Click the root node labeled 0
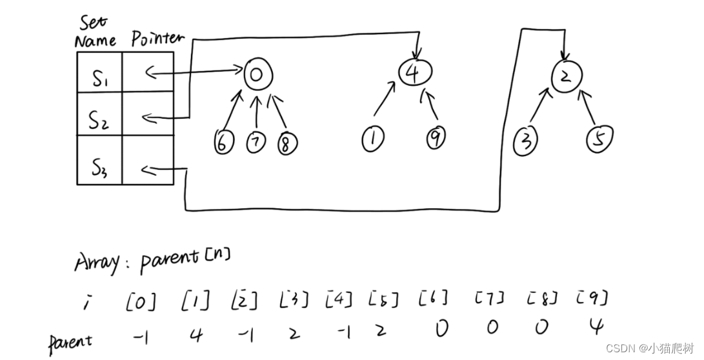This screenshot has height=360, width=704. (x=256, y=75)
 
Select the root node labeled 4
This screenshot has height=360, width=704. (x=413, y=72)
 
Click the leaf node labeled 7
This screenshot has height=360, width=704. (x=256, y=143)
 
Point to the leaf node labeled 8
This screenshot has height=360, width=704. (x=285, y=143)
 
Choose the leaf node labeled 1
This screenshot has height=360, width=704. (x=372, y=139)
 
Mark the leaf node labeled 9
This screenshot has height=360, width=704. (x=436, y=137)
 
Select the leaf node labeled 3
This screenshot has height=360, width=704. (x=527, y=139)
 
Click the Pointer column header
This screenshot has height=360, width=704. (x=157, y=39)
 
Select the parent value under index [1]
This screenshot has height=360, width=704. (x=197, y=334)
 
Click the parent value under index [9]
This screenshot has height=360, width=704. (x=596, y=328)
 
